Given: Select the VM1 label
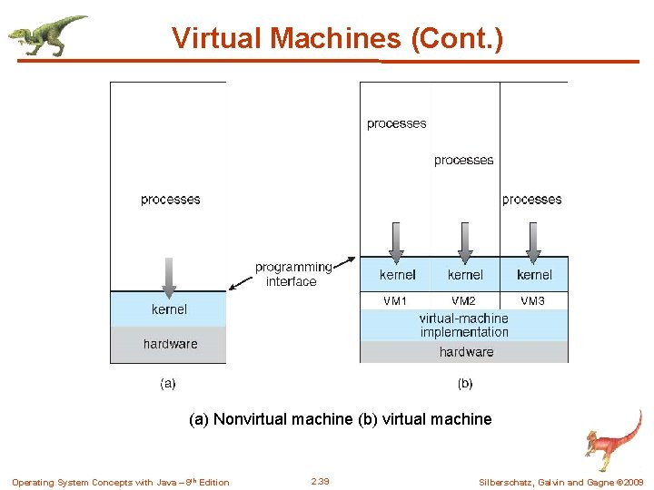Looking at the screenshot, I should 395,300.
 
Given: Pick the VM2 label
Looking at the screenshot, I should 463,300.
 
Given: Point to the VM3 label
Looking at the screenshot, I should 533,300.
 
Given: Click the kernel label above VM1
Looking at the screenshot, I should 397,274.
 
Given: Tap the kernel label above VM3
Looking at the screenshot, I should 534,274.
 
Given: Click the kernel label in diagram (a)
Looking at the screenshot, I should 169,309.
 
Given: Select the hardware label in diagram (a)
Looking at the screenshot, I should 170,344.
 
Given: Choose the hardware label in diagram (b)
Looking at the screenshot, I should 466,352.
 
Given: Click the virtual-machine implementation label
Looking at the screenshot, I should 464,325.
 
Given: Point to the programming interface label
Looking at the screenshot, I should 292,274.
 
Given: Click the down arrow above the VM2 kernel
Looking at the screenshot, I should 465,242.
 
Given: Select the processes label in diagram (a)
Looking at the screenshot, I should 171,200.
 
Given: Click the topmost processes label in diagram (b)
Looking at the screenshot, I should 396,123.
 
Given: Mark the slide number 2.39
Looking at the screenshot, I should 320,481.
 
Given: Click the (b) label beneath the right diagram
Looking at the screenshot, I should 464,384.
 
